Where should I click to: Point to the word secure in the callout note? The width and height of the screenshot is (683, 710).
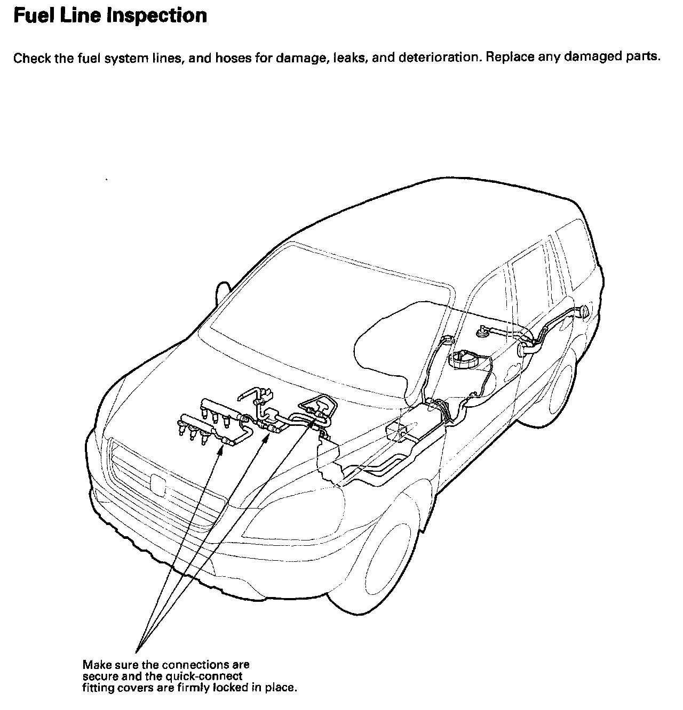pos(99,676)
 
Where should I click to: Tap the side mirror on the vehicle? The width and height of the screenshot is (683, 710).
pos(224,295)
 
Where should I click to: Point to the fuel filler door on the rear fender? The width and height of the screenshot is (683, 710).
pos(585,311)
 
